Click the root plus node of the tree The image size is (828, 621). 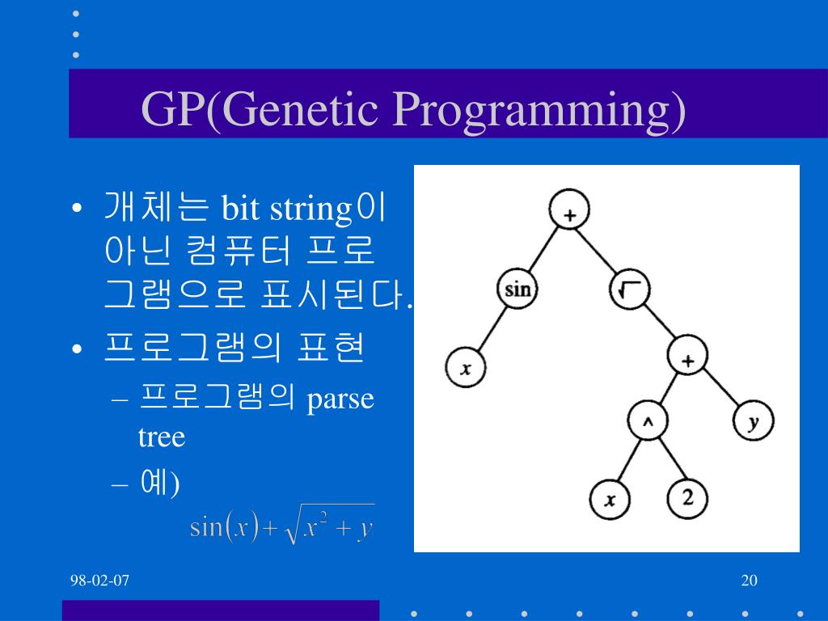[x=569, y=209]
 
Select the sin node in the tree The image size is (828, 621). [x=517, y=289]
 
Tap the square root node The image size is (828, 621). [x=630, y=289]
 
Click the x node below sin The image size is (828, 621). [x=465, y=368]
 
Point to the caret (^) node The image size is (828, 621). [x=648, y=420]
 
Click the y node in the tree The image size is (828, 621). [x=754, y=420]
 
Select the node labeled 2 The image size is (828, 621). [x=687, y=498]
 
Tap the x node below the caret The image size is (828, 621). [x=610, y=499]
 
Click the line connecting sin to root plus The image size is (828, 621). [x=543, y=249]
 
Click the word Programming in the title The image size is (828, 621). [x=539, y=110]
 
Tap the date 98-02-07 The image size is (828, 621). [x=99, y=581]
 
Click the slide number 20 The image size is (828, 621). [x=750, y=581]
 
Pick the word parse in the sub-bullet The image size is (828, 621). [x=340, y=399]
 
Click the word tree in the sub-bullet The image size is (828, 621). [x=162, y=437]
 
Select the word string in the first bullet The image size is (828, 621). [x=311, y=210]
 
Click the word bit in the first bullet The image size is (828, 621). [x=240, y=208]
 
